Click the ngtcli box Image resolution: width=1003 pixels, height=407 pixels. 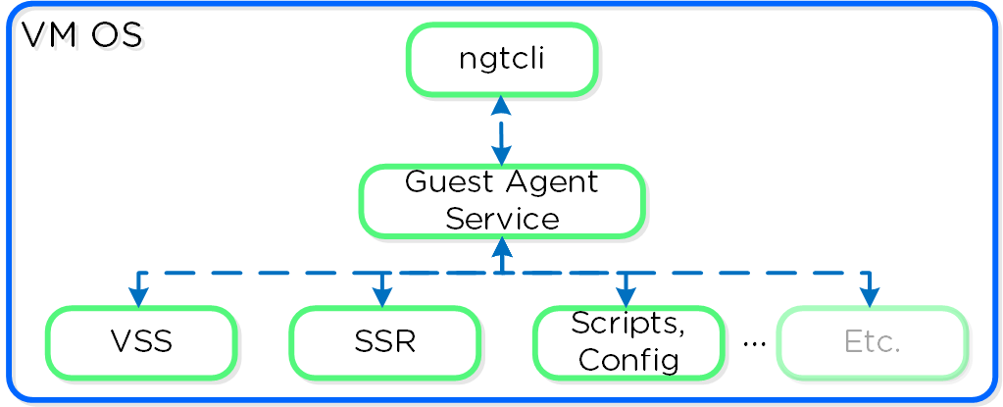pos(501,60)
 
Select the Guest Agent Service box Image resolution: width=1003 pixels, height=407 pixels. pos(501,201)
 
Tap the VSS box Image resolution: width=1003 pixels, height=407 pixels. pos(141,342)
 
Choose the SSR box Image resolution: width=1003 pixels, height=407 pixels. pos(384,342)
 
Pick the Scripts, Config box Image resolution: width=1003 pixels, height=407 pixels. pos(627,342)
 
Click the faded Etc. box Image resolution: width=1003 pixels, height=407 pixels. pos(872,342)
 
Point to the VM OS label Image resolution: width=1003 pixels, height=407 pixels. pos(82,36)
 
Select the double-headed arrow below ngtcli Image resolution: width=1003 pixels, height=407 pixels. pos(501,130)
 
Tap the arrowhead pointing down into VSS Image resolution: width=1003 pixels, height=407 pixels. pos(138,297)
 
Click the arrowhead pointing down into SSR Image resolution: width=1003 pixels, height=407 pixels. pos(382,297)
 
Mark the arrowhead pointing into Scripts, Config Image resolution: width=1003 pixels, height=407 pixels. pos(626,297)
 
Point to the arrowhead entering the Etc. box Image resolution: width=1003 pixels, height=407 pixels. pos(869,297)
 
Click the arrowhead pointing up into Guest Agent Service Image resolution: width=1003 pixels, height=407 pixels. pos(501,246)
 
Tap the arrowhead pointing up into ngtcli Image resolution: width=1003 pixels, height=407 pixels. pos(501,105)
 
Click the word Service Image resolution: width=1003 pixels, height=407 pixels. pos(501,218)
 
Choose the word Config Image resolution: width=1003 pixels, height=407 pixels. pos(628,359)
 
